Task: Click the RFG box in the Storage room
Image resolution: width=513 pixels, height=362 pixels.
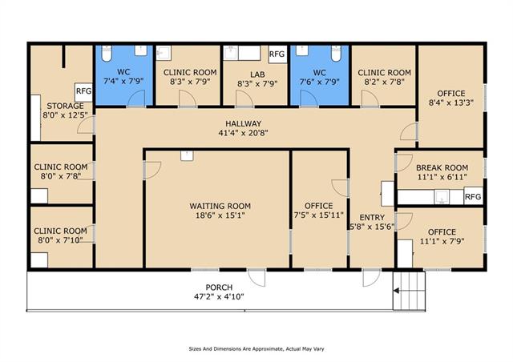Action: [x=83, y=91]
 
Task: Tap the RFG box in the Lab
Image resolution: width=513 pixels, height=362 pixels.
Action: [x=277, y=54]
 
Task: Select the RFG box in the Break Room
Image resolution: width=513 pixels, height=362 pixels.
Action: [x=474, y=196]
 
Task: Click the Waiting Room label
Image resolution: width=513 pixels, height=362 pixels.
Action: [x=220, y=206]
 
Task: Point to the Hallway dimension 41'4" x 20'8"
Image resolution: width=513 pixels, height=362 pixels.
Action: [x=243, y=133]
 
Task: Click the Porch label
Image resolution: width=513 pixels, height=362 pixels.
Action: [x=219, y=288]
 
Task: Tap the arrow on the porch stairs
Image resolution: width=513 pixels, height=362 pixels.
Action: [x=396, y=291]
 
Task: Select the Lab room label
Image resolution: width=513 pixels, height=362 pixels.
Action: [x=257, y=74]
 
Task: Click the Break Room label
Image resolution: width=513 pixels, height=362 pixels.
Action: [x=442, y=167]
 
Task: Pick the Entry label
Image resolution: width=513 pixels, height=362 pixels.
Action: [x=372, y=218]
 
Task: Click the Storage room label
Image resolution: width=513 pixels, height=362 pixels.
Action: [x=65, y=106]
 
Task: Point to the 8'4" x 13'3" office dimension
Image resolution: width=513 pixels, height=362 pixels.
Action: [x=451, y=103]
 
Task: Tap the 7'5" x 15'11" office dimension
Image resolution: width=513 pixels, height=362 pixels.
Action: [x=319, y=215]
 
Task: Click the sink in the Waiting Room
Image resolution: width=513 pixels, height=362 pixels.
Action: [x=187, y=155]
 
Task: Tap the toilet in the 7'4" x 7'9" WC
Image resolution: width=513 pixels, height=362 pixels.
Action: [x=107, y=54]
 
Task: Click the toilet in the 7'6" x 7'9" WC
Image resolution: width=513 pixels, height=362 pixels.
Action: [x=337, y=54]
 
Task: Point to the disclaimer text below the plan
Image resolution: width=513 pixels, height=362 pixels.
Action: [x=256, y=349]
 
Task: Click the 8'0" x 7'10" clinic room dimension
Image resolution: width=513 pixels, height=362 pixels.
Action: [x=60, y=240]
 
